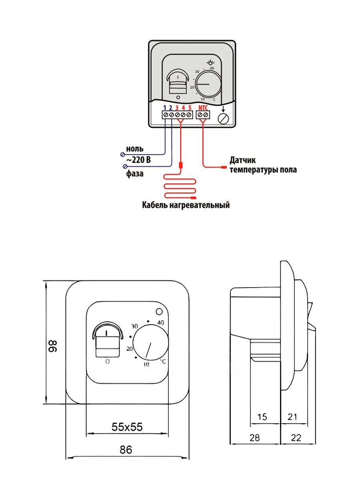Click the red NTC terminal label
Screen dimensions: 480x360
pos(203,107)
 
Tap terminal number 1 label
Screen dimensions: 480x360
pos(164,107)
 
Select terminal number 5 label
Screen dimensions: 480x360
pos(190,107)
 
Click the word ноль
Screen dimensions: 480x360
pos(135,149)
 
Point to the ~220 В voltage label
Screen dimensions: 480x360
pos(138,160)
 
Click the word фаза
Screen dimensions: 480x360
pos(134,174)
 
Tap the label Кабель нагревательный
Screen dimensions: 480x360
pos(186,205)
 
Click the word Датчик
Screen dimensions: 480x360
pos(242,160)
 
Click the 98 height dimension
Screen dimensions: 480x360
pos(54,346)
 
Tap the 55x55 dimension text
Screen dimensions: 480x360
pos(127,427)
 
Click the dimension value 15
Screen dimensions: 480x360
pos(262,417)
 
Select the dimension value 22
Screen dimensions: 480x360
pos(296,438)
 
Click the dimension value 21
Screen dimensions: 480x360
pos(293,417)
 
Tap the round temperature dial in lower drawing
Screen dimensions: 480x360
pos(151,344)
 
